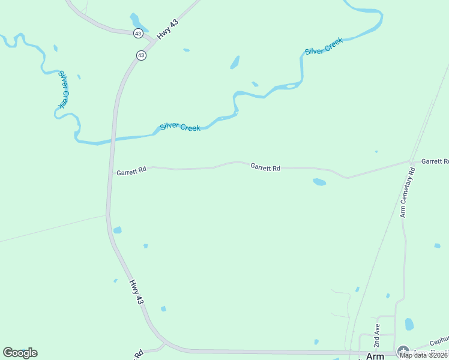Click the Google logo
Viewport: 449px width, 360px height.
click(20, 353)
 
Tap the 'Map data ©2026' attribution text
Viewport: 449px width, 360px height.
click(424, 355)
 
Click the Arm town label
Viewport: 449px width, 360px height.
click(375, 356)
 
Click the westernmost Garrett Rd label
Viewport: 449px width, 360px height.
click(131, 172)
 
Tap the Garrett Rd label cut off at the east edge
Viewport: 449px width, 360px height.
click(435, 161)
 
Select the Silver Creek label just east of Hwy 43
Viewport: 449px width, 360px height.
click(180, 127)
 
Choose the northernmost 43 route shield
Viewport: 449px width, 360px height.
click(139, 34)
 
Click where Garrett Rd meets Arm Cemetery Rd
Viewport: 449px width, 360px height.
click(411, 162)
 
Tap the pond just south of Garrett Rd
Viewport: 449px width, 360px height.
click(319, 182)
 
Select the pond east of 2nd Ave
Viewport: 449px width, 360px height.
click(409, 325)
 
